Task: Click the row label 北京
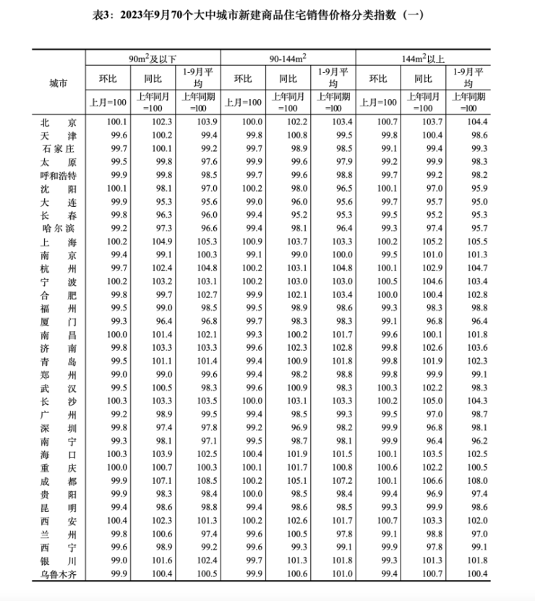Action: point(58,122)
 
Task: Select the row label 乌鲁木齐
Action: point(58,574)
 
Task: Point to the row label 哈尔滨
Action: point(58,229)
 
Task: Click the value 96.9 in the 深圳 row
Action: point(288,427)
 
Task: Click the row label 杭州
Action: point(58,268)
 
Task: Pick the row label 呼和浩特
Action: point(58,175)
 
